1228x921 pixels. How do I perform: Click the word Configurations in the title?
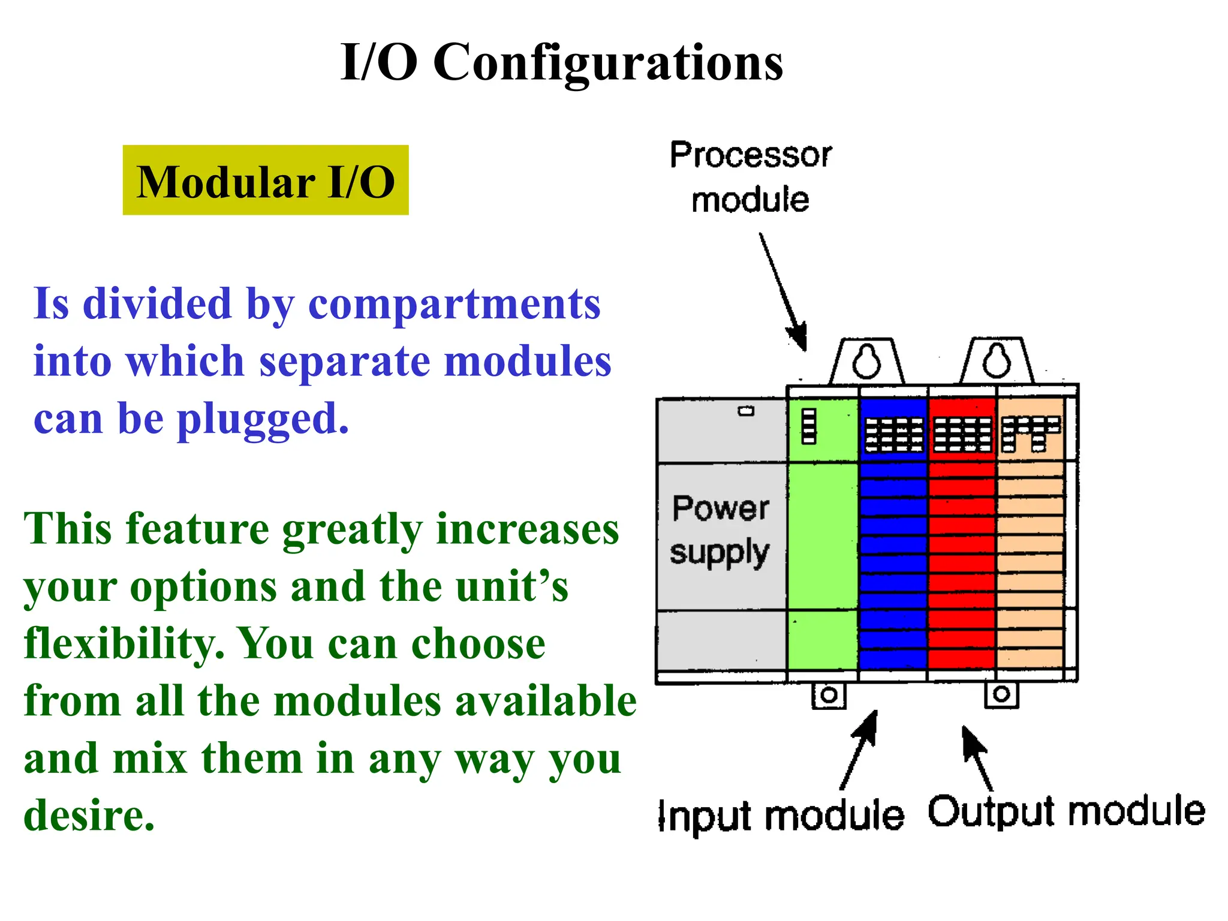(607, 64)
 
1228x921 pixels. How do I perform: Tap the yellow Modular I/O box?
(266, 180)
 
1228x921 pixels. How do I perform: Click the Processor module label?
(750, 177)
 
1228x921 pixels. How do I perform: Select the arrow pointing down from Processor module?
(782, 291)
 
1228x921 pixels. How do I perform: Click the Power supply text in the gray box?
(720, 530)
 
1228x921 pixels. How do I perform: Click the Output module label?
(1066, 812)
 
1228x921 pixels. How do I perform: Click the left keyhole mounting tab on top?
(866, 362)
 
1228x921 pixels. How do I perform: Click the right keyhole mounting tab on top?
(997, 361)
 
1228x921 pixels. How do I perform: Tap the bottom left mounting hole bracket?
(829, 696)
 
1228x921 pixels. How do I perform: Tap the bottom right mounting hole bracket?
(1001, 695)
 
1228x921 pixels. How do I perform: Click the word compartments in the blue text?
(454, 305)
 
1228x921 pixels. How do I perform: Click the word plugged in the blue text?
(263, 420)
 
